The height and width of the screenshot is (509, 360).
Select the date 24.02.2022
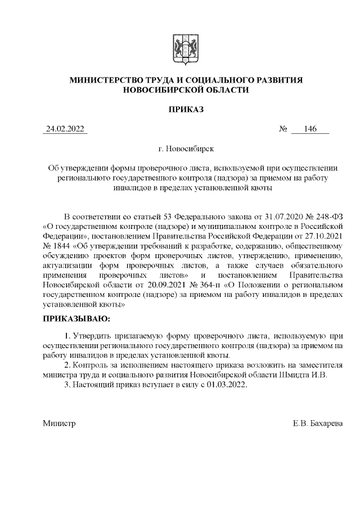(x=65, y=129)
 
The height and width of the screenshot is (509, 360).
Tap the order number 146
(x=310, y=129)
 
